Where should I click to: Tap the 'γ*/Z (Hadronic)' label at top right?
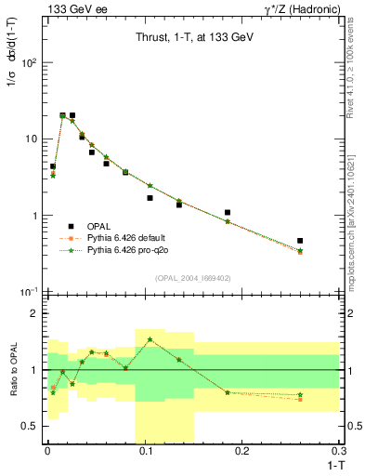303,8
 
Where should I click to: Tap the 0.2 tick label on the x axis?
242,451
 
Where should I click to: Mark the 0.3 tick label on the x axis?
341,451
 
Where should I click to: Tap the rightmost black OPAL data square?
300,241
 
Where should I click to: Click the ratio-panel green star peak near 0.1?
150,339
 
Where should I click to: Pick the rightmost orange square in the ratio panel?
300,399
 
